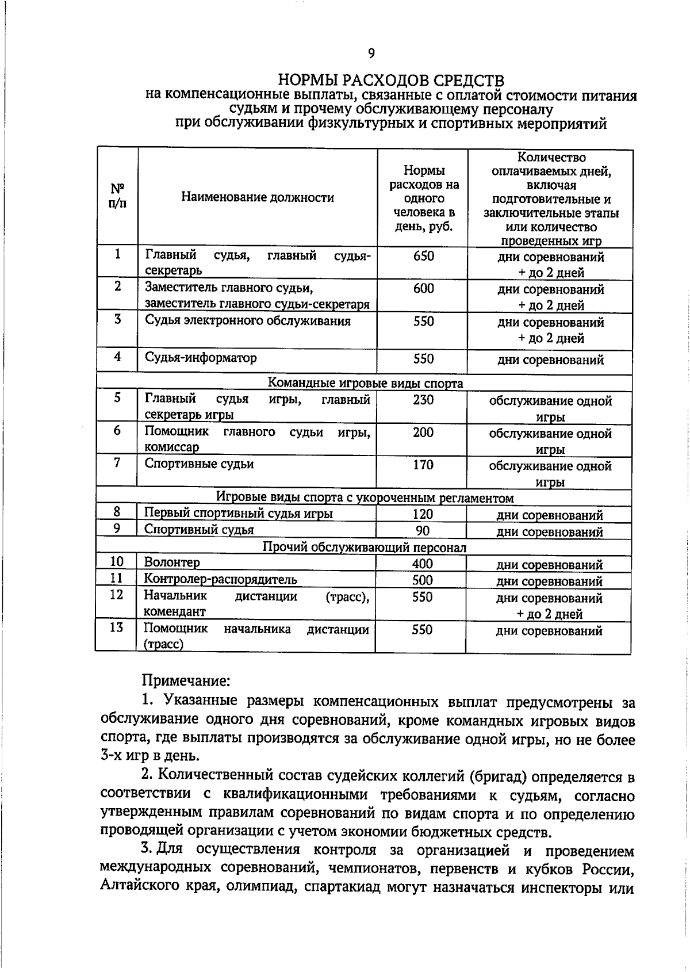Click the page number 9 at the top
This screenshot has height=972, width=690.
point(371,53)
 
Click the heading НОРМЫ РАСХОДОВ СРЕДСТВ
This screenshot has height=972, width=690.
point(391,79)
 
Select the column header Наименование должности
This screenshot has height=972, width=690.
point(258,198)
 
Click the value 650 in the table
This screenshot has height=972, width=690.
point(423,257)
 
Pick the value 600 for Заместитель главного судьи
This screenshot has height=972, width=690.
point(423,289)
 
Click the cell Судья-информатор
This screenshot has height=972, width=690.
point(201,358)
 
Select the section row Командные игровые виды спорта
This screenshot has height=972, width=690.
point(365,383)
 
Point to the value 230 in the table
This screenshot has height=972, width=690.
point(423,400)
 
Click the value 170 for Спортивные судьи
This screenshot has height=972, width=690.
point(423,465)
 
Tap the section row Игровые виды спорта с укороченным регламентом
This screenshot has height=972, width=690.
point(365,498)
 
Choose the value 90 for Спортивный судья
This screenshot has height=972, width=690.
point(422,530)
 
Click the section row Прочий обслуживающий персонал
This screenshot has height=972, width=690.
point(365,547)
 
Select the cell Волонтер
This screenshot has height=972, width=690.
point(172,562)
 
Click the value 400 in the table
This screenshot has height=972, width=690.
point(422,564)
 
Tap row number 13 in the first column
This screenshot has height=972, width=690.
point(116,627)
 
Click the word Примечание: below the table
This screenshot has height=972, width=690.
point(186,681)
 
